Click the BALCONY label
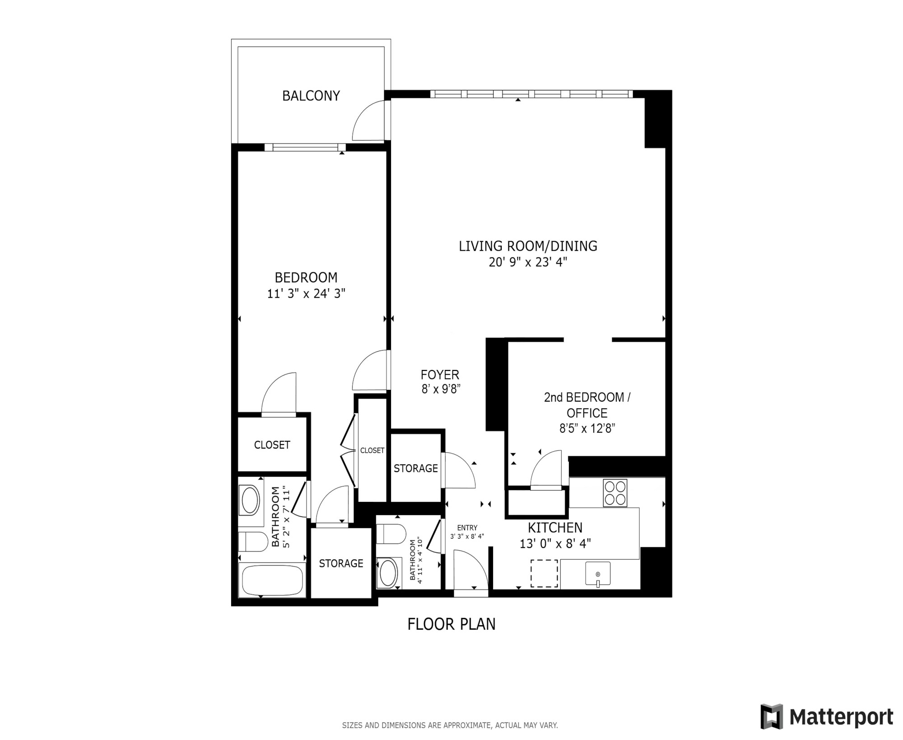[x=311, y=96]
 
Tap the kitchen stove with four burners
[x=615, y=493]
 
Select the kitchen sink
[x=598, y=574]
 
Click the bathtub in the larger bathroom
[x=272, y=581]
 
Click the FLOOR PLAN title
[x=451, y=624]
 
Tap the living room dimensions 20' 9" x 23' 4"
[x=528, y=262]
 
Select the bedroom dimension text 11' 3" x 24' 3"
[x=306, y=294]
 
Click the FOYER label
[x=440, y=375]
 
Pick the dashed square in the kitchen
[x=544, y=573]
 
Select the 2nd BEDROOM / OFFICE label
[x=587, y=405]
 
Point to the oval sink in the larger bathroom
[x=251, y=501]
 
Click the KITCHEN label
[x=555, y=527]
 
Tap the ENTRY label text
[x=467, y=528]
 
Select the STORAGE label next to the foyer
[x=416, y=468]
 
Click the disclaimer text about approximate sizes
[x=450, y=726]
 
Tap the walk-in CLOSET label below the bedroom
[x=272, y=445]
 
